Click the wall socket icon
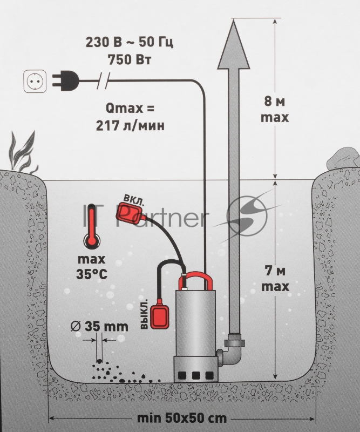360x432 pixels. pyautogui.click(x=35, y=82)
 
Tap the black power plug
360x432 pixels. pyautogui.click(x=65, y=81)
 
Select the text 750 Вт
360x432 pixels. pyautogui.click(x=130, y=60)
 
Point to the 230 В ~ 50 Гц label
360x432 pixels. pyautogui.click(x=130, y=43)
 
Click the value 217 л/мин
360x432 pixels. pyautogui.click(x=130, y=126)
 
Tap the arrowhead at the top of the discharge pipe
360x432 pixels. pyautogui.click(x=234, y=44)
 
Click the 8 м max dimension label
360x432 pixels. pyautogui.click(x=275, y=110)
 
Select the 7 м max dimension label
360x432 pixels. pyautogui.click(x=275, y=279)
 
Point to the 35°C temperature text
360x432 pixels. pyautogui.click(x=92, y=274)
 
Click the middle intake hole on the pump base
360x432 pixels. pyautogui.click(x=196, y=375)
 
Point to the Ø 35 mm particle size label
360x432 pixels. pyautogui.click(x=99, y=326)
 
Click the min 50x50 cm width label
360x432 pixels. pyautogui.click(x=182, y=418)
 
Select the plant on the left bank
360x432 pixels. pyautogui.click(x=23, y=152)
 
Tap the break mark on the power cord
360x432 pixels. pyautogui.click(x=103, y=80)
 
